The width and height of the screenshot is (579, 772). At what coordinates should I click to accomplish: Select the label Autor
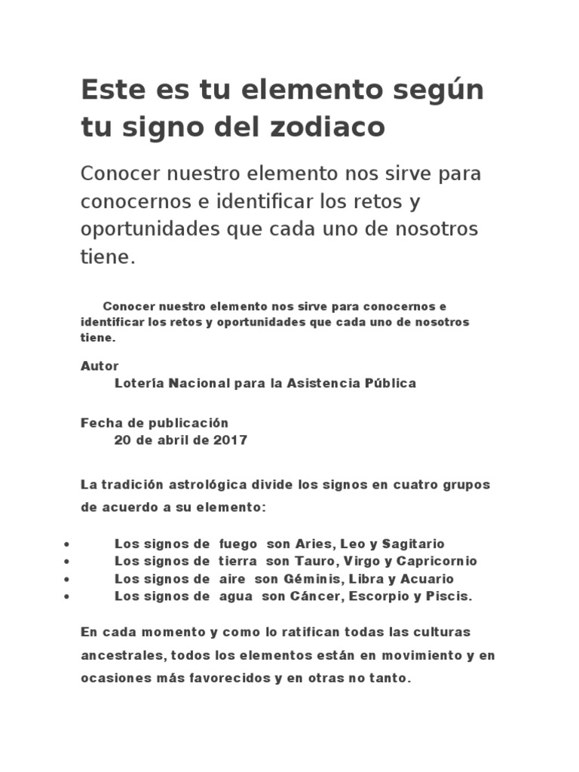[100, 366]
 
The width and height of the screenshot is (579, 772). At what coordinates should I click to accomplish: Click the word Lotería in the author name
[139, 383]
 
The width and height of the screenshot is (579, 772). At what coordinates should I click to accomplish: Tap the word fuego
[238, 544]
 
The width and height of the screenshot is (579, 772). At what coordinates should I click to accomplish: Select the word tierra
[238, 561]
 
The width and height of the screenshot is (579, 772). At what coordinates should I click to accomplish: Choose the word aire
[233, 579]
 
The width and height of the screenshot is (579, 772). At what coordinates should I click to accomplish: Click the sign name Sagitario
[414, 544]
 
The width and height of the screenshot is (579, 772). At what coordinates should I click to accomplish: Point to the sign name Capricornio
[438, 561]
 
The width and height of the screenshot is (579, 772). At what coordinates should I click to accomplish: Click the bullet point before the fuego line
[68, 544]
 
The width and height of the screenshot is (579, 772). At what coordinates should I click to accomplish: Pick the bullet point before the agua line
[68, 597]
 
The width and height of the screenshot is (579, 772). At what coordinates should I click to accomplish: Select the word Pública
[391, 383]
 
